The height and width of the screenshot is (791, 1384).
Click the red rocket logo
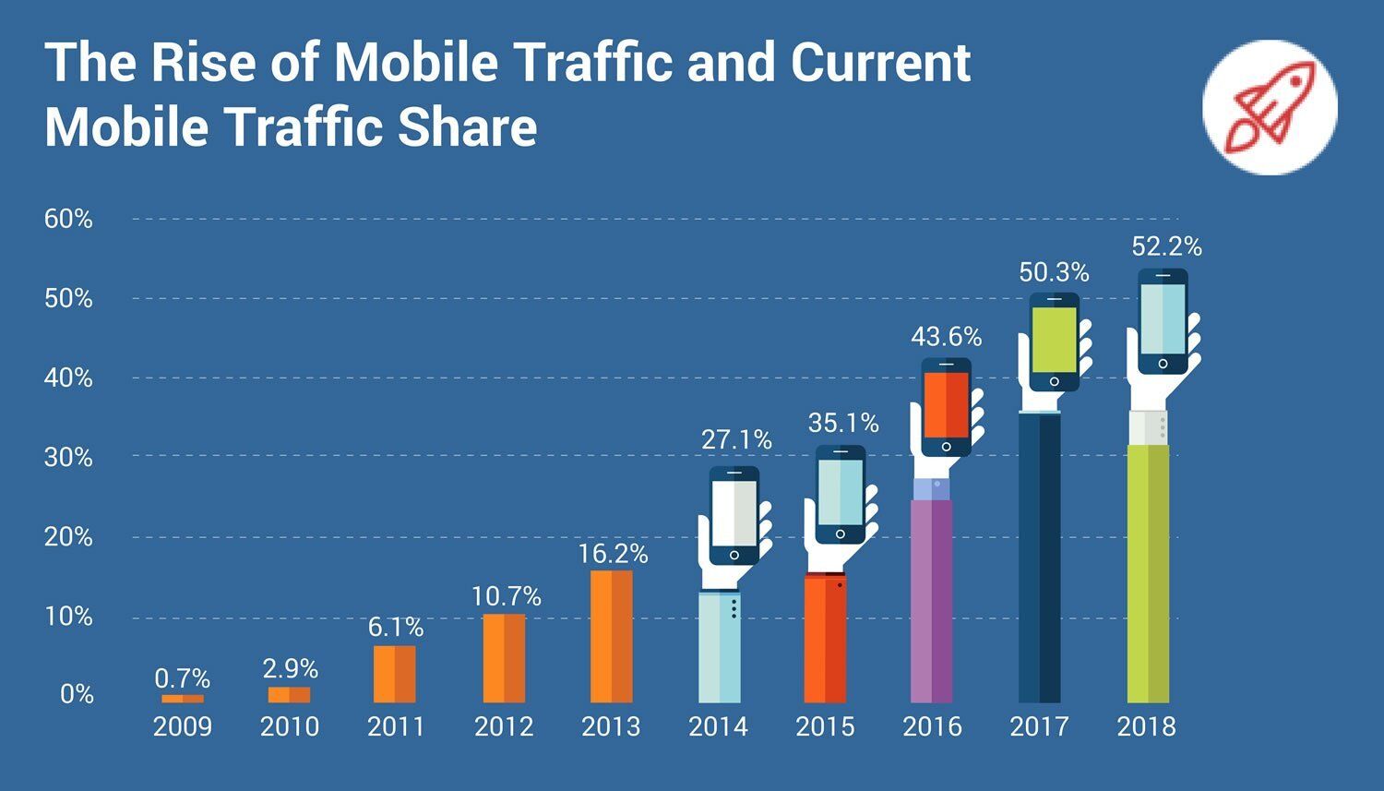point(1269,107)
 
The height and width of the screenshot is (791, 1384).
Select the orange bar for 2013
point(611,637)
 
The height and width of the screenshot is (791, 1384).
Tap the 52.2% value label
point(1166,247)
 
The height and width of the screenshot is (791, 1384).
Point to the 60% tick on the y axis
point(68,219)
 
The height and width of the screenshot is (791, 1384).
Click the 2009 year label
point(182,726)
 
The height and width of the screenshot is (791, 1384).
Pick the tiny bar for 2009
point(183,699)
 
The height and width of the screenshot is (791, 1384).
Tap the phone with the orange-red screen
point(946,407)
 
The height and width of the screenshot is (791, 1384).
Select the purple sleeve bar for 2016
point(931,600)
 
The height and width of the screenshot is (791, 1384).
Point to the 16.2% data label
point(613,554)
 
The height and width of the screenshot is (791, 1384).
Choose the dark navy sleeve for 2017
point(1039,558)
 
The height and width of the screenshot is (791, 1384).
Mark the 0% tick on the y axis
point(77,694)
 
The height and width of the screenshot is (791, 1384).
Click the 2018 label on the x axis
point(1146,726)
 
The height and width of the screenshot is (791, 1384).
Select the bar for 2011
point(394,674)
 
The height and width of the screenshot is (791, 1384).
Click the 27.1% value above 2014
point(735,440)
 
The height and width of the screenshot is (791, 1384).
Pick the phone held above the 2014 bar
point(734,515)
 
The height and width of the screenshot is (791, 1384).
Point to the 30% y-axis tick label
point(68,457)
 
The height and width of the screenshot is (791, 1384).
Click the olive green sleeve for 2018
point(1148,572)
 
